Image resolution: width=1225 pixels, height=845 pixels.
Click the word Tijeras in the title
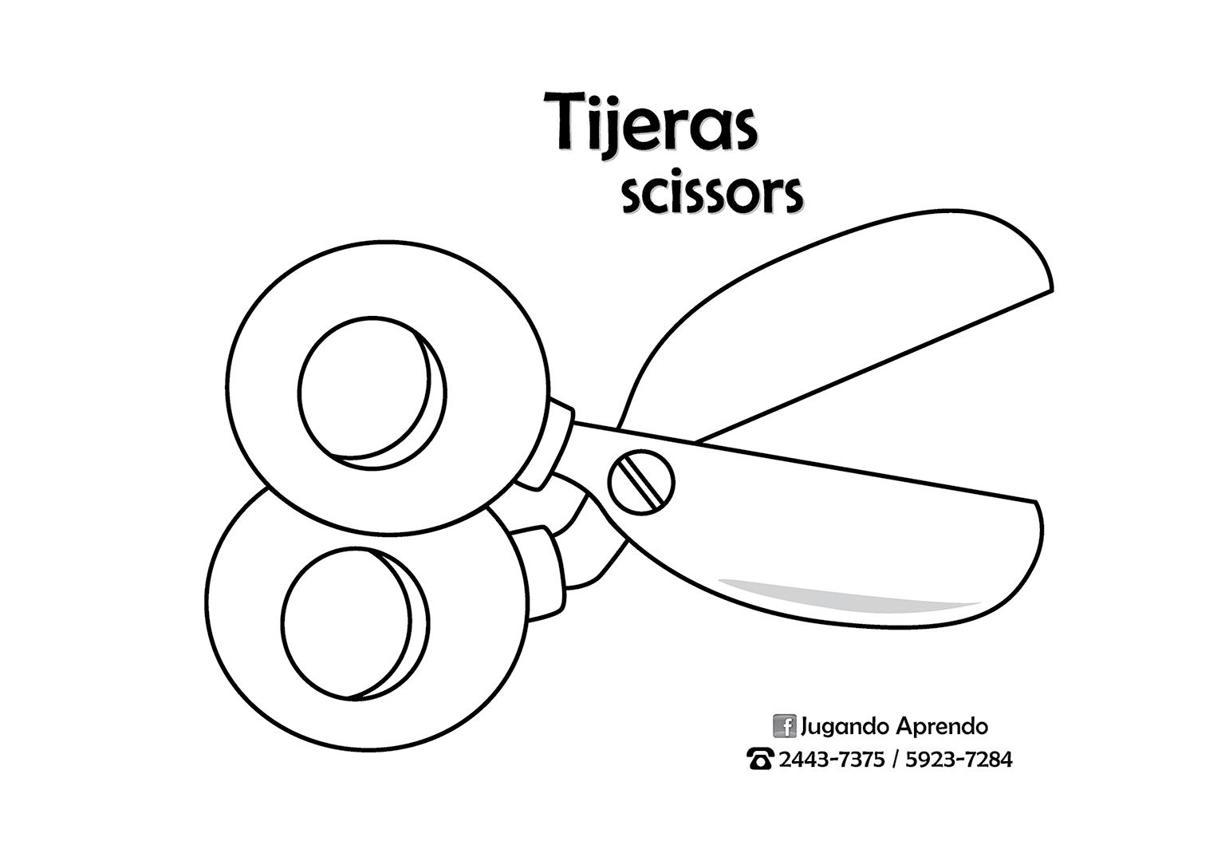tap(650, 124)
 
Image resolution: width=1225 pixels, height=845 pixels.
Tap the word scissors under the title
tap(711, 195)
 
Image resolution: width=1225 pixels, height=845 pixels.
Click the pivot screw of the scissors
tap(641, 480)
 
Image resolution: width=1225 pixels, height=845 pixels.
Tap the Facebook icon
tap(785, 726)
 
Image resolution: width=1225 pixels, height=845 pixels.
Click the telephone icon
tap(760, 759)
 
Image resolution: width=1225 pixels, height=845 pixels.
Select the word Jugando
tap(845, 727)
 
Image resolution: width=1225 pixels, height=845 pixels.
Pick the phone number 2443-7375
tap(831, 759)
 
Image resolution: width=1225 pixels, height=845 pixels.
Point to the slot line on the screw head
tap(641, 480)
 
